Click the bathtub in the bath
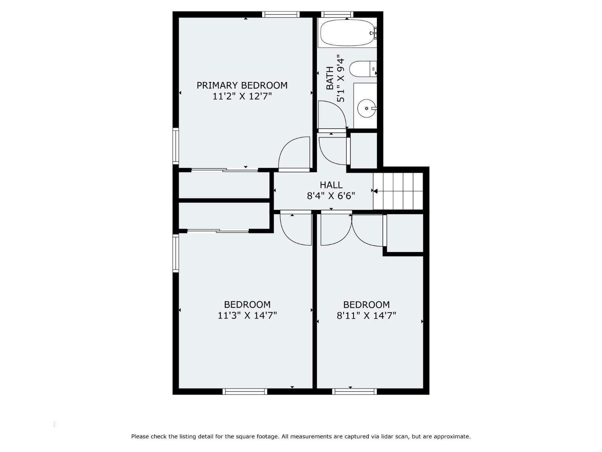point(347,33)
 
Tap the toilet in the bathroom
point(362,69)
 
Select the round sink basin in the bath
point(366,108)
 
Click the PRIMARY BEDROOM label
point(242,85)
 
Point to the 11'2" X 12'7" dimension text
point(242,96)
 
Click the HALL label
point(331,185)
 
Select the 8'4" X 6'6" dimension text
point(331,196)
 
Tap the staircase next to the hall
point(398,191)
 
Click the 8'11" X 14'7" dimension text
point(366,316)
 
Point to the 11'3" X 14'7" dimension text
point(247,316)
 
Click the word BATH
point(330,78)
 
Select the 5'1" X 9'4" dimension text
point(340,80)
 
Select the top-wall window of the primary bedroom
point(281,14)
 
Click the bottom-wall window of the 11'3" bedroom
point(245,392)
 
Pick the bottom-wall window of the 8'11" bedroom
point(354,392)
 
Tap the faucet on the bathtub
point(373,33)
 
